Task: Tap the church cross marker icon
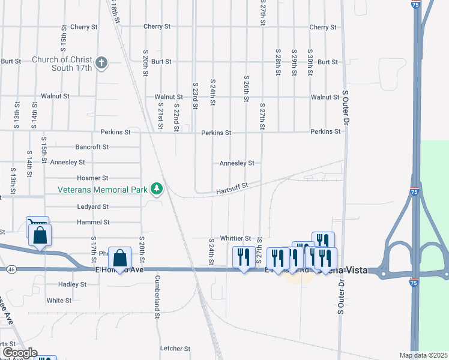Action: tap(101, 62)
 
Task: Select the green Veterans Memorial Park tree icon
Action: tap(157, 189)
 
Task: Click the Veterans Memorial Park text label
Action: tap(103, 190)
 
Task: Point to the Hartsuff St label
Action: tap(232, 189)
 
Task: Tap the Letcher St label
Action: tap(175, 348)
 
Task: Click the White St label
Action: tap(59, 300)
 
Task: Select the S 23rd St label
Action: tap(195, 96)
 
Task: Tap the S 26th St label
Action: tap(246, 89)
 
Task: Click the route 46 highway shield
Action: tap(11, 271)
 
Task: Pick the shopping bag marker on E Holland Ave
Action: tap(120, 259)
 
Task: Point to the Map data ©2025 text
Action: tap(423, 355)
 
